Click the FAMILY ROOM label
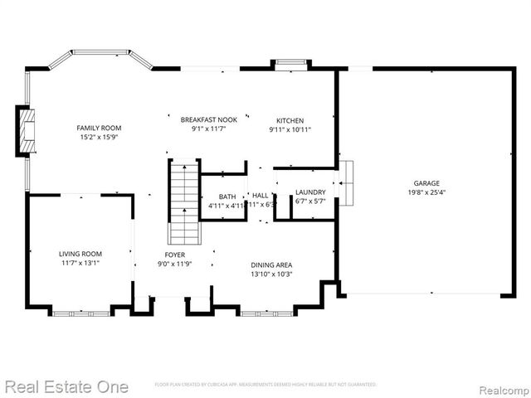pyautogui.click(x=99, y=128)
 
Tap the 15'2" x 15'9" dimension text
pyautogui.click(x=99, y=138)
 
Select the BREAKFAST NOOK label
pyautogui.click(x=203, y=119)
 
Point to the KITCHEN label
pyautogui.click(x=290, y=120)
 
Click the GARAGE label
pyautogui.click(x=426, y=183)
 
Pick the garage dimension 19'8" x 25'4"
pyautogui.click(x=426, y=192)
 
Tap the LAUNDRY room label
pyautogui.click(x=310, y=192)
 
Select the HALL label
pyautogui.click(x=260, y=196)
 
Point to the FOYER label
pyautogui.click(x=174, y=255)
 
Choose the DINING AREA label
pyautogui.click(x=271, y=265)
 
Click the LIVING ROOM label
pyautogui.click(x=80, y=254)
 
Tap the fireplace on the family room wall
pyautogui.click(x=27, y=131)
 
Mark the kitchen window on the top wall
pyautogui.click(x=290, y=63)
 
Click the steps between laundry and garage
pyautogui.click(x=345, y=182)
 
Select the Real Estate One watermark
pyautogui.click(x=66, y=386)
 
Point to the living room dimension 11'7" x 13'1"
pyautogui.click(x=80, y=264)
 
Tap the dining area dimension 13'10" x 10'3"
pyautogui.click(x=271, y=274)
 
